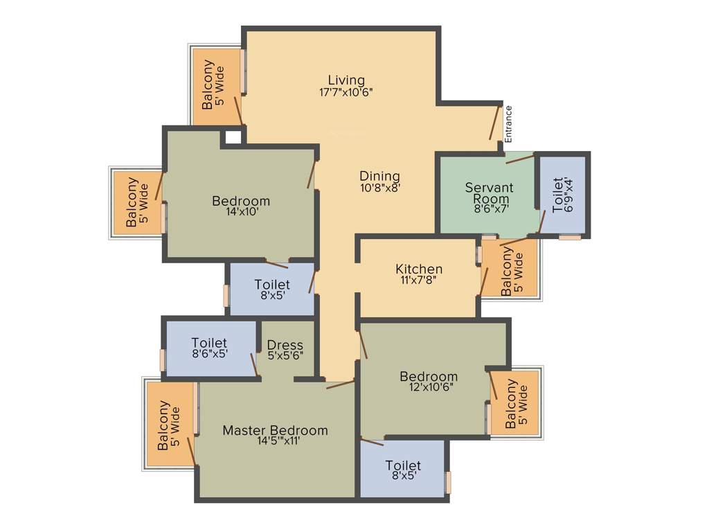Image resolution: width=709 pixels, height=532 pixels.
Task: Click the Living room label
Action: coord(346,80)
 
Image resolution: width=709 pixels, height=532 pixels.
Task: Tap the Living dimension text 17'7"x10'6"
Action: coord(346,91)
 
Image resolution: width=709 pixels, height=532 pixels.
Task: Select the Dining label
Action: coord(379,176)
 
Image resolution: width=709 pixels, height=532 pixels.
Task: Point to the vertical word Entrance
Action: coord(509,123)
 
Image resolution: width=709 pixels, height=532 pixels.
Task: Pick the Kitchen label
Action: coord(419,269)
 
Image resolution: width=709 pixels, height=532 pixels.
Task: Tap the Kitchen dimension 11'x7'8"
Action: coord(419,280)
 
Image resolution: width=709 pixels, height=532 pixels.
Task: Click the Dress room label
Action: coord(285,345)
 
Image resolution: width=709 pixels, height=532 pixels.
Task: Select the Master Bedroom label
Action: coord(275,430)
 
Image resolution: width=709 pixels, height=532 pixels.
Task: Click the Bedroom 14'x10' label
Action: coord(241,202)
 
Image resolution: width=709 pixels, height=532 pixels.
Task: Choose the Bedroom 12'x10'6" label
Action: coord(429,377)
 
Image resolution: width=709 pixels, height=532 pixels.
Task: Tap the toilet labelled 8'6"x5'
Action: coord(209,343)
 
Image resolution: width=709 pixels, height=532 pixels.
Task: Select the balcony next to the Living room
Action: coord(214,87)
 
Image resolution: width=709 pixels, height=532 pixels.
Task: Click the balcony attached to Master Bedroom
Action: coord(170,425)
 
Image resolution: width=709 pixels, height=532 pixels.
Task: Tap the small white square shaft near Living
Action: coord(234,137)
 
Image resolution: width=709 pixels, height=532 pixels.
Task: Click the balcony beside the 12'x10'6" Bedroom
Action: coord(517,403)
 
